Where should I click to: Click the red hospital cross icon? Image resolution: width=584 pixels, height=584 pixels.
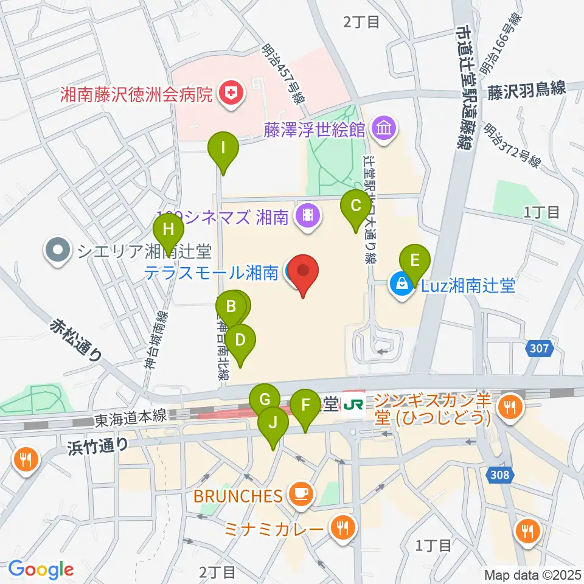coord(231,94)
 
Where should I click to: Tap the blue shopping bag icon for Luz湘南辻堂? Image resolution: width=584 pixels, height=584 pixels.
coord(401,285)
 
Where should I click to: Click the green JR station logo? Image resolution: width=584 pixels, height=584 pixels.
coord(352,404)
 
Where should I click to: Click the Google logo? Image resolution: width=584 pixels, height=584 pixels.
coord(41,569)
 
